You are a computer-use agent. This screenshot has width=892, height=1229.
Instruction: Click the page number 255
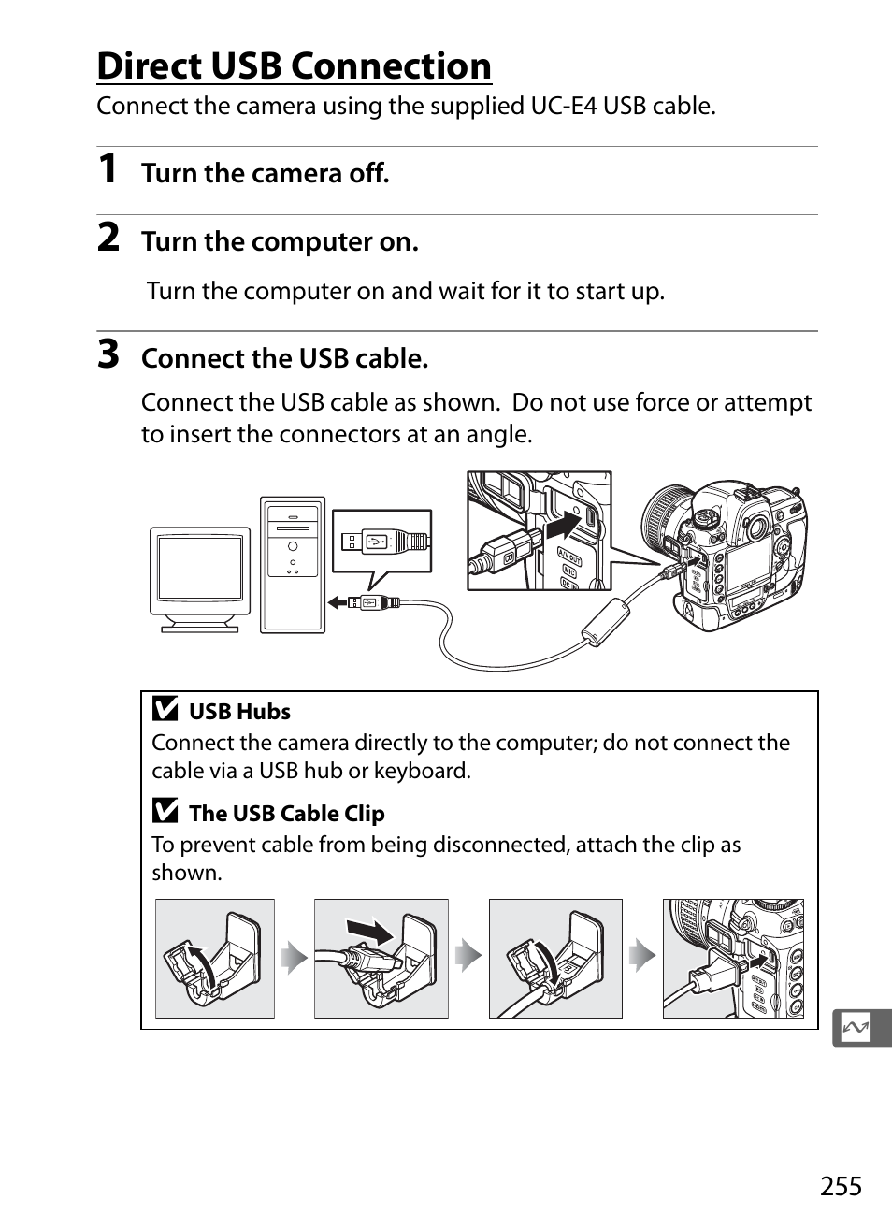[841, 1186]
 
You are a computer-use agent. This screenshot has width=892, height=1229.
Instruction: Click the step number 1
[108, 168]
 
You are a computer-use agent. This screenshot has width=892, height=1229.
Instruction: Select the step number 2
[108, 237]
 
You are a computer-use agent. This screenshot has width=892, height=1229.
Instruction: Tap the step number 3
[108, 354]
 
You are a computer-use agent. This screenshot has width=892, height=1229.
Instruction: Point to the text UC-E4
[564, 106]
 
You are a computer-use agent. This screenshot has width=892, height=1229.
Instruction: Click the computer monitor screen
[200, 568]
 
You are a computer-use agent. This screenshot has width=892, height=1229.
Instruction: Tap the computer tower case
[293, 565]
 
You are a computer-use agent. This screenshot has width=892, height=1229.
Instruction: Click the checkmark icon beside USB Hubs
[165, 708]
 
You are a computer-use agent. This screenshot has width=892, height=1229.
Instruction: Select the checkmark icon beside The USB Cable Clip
[165, 810]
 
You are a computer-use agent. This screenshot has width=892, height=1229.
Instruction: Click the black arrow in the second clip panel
[370, 931]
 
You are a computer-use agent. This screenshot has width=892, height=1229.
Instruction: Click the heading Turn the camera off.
[266, 173]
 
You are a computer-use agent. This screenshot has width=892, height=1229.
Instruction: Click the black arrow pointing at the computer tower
[338, 603]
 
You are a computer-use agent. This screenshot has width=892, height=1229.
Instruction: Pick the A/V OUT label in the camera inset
[569, 556]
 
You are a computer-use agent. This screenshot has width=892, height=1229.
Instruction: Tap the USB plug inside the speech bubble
[384, 542]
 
